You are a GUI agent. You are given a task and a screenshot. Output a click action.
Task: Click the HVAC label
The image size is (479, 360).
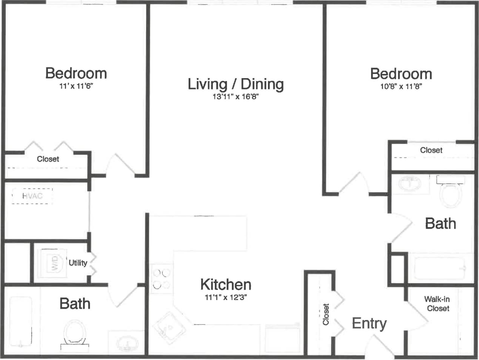(x=32, y=196)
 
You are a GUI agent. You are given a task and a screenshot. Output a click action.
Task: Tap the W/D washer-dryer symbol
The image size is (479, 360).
(x=54, y=262)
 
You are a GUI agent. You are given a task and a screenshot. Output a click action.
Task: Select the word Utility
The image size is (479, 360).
(x=78, y=263)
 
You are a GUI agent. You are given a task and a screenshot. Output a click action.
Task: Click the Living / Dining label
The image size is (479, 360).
(x=236, y=84)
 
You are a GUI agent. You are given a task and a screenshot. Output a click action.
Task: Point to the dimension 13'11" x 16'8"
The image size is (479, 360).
(x=236, y=97)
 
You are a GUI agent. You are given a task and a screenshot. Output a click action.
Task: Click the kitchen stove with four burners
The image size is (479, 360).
(x=161, y=279)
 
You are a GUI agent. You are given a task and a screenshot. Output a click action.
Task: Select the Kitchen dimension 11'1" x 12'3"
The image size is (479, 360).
(x=226, y=297)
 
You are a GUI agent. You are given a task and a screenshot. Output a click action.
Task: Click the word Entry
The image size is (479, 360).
(x=369, y=323)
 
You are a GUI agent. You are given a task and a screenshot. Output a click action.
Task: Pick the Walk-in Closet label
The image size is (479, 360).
(x=437, y=304)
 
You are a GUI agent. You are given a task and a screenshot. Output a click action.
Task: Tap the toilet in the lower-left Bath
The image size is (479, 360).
(x=75, y=333)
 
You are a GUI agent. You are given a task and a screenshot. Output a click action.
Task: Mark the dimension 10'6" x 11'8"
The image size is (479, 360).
(x=401, y=86)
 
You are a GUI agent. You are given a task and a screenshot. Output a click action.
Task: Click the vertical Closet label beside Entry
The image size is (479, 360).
(x=326, y=314)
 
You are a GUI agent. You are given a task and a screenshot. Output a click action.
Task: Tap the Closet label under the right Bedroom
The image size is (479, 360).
(x=431, y=150)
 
